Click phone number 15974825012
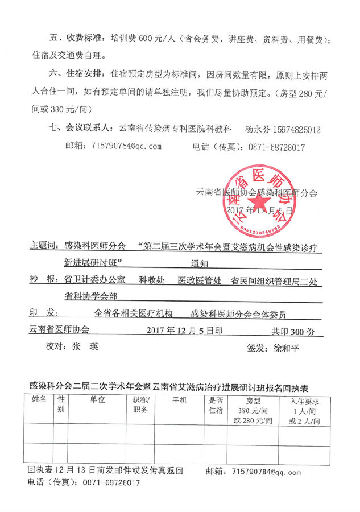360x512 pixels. pos(290,130)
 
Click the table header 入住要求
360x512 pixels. pos(304,400)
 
